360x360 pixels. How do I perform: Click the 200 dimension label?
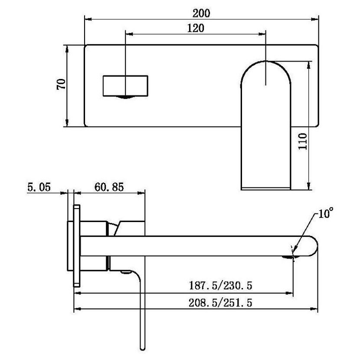tap(201, 13)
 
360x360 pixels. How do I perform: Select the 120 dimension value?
tap(196, 28)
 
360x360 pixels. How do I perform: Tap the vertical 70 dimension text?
tap(61, 84)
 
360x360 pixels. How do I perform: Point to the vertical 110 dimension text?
tap(303, 141)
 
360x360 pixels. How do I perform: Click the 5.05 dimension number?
tap(39, 187)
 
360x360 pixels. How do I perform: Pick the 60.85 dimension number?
tap(109, 187)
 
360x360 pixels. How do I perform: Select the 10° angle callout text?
tap(326, 213)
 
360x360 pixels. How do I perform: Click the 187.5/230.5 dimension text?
tap(220, 285)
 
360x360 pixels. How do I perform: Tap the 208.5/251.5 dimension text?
tap(220, 303)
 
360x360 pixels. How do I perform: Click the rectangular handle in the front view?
tap(125, 85)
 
